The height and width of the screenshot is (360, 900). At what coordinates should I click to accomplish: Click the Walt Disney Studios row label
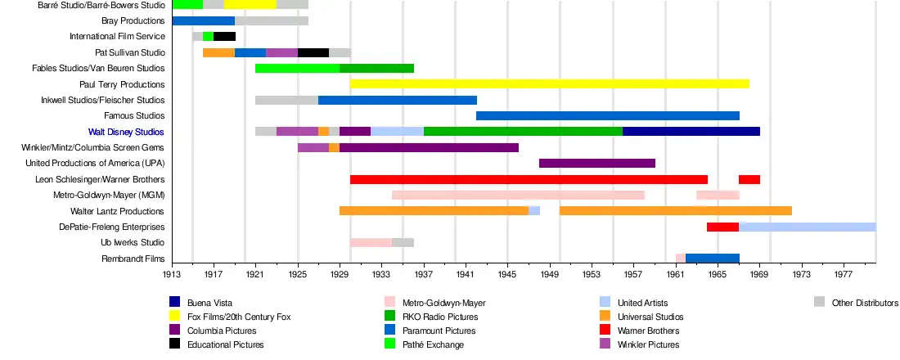[x=126, y=132]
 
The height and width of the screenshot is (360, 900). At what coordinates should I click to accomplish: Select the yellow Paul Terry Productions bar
[x=549, y=84]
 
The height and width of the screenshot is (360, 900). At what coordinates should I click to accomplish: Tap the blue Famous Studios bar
[x=607, y=116]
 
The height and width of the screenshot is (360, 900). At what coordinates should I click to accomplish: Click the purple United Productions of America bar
[x=596, y=164]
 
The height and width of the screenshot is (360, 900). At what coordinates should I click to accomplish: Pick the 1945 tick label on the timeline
[x=507, y=276]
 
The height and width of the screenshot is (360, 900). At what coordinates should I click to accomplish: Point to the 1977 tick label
[x=844, y=276]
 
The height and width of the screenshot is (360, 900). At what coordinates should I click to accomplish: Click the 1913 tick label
[x=171, y=276]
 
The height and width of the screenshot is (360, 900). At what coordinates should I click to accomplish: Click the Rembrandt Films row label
[x=133, y=259]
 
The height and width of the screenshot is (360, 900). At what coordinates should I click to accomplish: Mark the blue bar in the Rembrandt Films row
[x=712, y=259]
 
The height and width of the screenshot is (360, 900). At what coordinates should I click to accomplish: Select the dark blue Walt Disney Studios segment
[x=691, y=132]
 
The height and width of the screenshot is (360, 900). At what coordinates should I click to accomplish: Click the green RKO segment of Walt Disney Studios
[x=523, y=132]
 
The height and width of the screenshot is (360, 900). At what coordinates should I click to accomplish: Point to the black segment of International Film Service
[x=224, y=37]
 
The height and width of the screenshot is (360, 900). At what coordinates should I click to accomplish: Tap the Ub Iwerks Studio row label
[x=133, y=243]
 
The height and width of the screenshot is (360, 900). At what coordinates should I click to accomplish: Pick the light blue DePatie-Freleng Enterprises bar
[x=807, y=227]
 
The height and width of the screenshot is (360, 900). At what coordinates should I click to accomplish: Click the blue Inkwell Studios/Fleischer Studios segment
[x=397, y=100]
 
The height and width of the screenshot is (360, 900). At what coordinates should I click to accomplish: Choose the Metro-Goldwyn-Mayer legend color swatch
[x=389, y=303]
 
